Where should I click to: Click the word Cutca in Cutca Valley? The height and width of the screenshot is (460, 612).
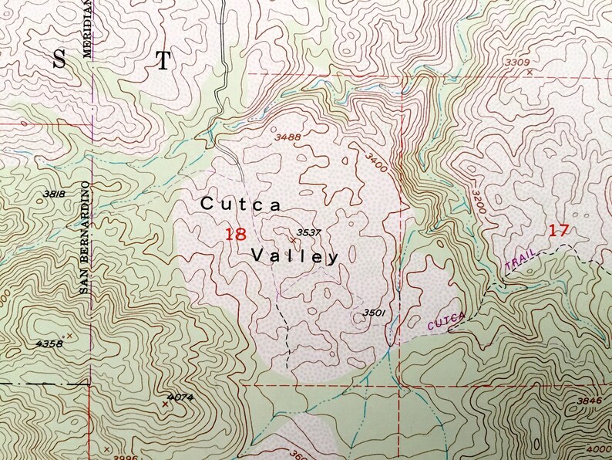(x=240, y=205)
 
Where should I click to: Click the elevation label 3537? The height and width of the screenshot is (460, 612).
(x=308, y=232)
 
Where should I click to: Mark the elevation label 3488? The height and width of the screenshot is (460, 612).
(x=288, y=137)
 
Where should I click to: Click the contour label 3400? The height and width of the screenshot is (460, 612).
(x=377, y=161)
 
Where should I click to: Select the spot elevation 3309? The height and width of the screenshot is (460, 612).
(x=516, y=62)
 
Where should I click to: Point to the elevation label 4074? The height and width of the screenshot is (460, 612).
(x=179, y=397)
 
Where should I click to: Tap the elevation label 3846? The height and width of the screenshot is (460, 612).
(x=587, y=401)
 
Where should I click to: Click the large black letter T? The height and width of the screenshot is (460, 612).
(x=163, y=63)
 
